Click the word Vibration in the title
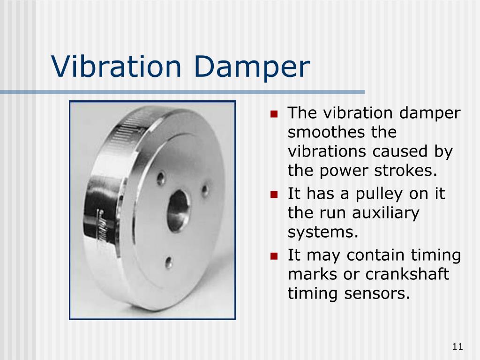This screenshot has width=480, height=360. (116, 67)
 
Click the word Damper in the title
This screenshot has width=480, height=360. (252, 68)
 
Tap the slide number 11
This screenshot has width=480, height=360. (457, 346)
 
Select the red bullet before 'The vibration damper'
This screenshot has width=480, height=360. (274, 114)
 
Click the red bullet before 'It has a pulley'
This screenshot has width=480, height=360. (274, 195)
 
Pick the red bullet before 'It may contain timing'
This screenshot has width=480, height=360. (274, 256)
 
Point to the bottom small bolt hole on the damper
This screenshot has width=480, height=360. (169, 262)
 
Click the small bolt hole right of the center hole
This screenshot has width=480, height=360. (205, 190)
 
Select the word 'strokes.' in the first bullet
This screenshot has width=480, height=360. (405, 171)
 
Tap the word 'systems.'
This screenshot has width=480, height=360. (323, 232)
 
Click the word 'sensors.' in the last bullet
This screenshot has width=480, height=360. (377, 293)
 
